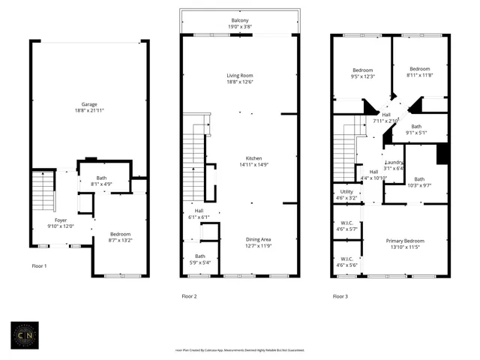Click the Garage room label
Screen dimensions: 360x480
point(89,104)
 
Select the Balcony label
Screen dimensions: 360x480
point(239,19)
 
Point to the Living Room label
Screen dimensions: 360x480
point(240,76)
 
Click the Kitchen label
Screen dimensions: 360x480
point(254,158)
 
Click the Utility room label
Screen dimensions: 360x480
point(346,192)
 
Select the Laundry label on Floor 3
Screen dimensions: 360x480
point(394,163)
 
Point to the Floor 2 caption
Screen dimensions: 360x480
point(189,296)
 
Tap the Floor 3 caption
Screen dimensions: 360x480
point(340,296)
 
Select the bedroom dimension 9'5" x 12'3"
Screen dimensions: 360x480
point(363,76)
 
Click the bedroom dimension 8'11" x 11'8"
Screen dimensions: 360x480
point(419,74)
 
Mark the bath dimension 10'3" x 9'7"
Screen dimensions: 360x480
point(419,184)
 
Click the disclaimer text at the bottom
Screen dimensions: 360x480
point(239,350)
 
